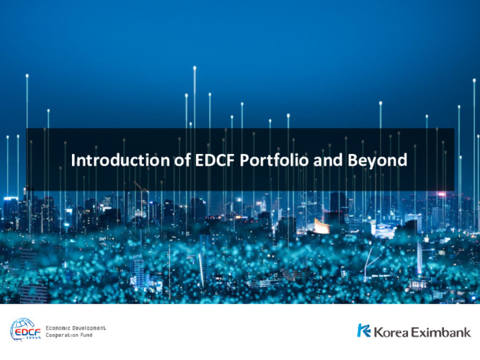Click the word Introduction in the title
pos(120,160)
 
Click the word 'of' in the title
pos(182,160)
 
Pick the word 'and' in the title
pos(328,160)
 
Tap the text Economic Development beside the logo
pos(76,328)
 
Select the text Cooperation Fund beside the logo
pos(69,336)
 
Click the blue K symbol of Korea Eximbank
pos(364,330)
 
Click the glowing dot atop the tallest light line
pos(195,68)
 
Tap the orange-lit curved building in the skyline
pos(321,226)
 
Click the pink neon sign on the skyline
pos(442,194)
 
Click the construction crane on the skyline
pos(141,192)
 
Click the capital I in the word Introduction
pos(73,161)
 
